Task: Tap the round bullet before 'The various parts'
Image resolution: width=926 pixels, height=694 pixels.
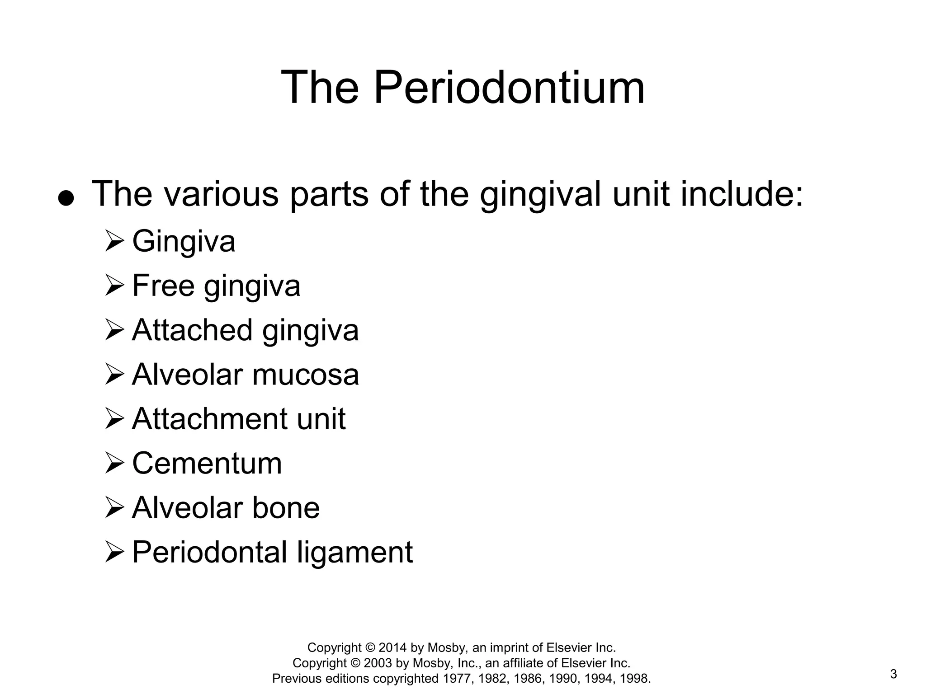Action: [x=66, y=198]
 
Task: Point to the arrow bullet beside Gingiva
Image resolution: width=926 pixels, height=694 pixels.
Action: [x=114, y=241]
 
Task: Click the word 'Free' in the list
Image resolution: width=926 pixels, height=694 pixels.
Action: [x=163, y=286]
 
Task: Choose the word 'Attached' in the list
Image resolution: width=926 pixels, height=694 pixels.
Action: [x=192, y=330]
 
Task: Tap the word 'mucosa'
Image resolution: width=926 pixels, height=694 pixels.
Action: [x=306, y=375]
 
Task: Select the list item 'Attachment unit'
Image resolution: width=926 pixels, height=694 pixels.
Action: [x=239, y=419]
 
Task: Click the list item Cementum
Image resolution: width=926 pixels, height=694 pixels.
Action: [x=207, y=463]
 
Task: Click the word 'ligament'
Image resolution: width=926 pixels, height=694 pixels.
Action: [x=355, y=552]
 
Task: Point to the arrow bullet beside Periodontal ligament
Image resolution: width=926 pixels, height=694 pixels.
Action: [x=114, y=552]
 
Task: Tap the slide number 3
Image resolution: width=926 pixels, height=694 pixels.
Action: [x=893, y=674]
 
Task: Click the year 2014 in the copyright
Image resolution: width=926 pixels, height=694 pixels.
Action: [x=393, y=647]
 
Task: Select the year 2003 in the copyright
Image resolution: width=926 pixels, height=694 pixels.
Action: [x=378, y=663]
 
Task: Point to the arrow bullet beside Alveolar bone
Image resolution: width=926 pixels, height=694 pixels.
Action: [x=114, y=508]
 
